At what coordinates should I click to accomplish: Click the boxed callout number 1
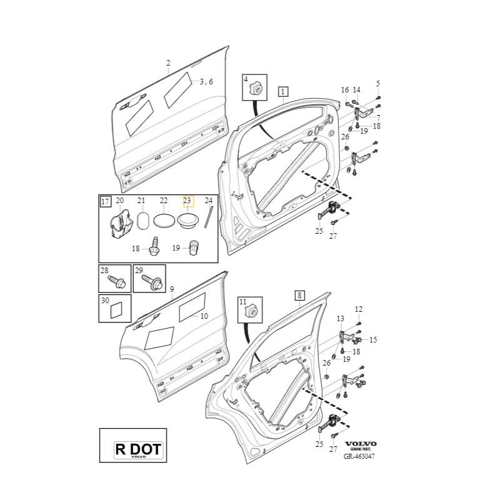tap(283, 92)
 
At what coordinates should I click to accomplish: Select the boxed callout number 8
tap(299, 295)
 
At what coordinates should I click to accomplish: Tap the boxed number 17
tap(105, 201)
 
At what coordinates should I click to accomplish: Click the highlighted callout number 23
tap(188, 201)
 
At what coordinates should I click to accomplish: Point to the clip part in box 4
tap(255, 89)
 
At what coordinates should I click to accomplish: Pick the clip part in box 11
tap(252, 311)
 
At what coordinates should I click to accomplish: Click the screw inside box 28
tap(117, 282)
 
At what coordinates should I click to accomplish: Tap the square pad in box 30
tap(117, 310)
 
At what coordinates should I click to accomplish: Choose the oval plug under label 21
tap(142, 222)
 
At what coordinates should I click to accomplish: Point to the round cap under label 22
tap(164, 221)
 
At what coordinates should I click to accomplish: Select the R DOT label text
tap(137, 448)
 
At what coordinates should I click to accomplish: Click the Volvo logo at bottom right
tap(361, 444)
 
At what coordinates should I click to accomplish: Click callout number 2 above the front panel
tap(168, 63)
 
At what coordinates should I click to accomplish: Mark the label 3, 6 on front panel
tap(206, 82)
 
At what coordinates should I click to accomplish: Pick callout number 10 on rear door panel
tap(204, 316)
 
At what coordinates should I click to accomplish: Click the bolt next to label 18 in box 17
tap(154, 248)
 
